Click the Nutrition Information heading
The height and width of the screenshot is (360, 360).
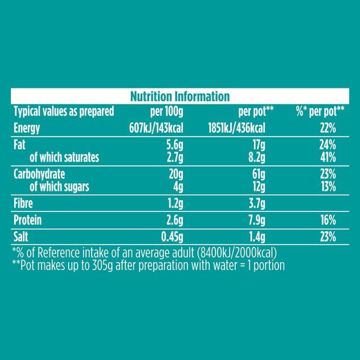pyautogui.click(x=180, y=96)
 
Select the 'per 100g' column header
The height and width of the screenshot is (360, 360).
pyautogui.click(x=166, y=111)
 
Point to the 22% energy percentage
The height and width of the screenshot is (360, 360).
pyautogui.click(x=328, y=128)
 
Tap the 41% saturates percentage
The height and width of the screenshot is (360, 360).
pyautogui.click(x=328, y=157)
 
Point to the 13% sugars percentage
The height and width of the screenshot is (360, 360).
pyautogui.click(x=328, y=186)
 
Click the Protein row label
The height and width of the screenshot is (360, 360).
pyautogui.click(x=29, y=220)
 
